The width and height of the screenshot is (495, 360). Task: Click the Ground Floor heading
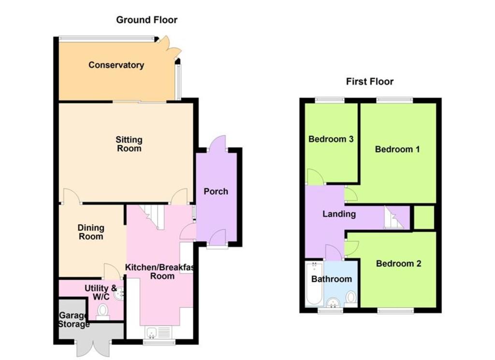[x=147, y=20]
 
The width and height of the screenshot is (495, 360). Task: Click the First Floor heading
[x=370, y=82]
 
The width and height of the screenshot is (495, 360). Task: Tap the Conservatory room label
[x=116, y=65]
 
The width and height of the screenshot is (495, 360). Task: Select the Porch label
[x=216, y=191]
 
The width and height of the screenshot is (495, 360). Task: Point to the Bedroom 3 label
[x=331, y=139]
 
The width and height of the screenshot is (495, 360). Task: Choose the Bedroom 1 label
[x=397, y=149]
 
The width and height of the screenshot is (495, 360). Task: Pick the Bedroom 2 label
[x=398, y=263]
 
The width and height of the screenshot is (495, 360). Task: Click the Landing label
[x=339, y=214]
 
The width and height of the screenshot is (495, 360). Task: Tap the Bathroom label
[x=332, y=279]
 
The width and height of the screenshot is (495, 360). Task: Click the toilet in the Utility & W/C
[x=102, y=312]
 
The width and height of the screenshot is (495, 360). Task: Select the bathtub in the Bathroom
[x=314, y=284]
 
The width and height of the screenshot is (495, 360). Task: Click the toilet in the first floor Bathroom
[x=351, y=299]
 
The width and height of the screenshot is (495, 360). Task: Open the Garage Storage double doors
[x=94, y=348]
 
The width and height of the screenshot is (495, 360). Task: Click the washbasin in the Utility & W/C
[x=119, y=294]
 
